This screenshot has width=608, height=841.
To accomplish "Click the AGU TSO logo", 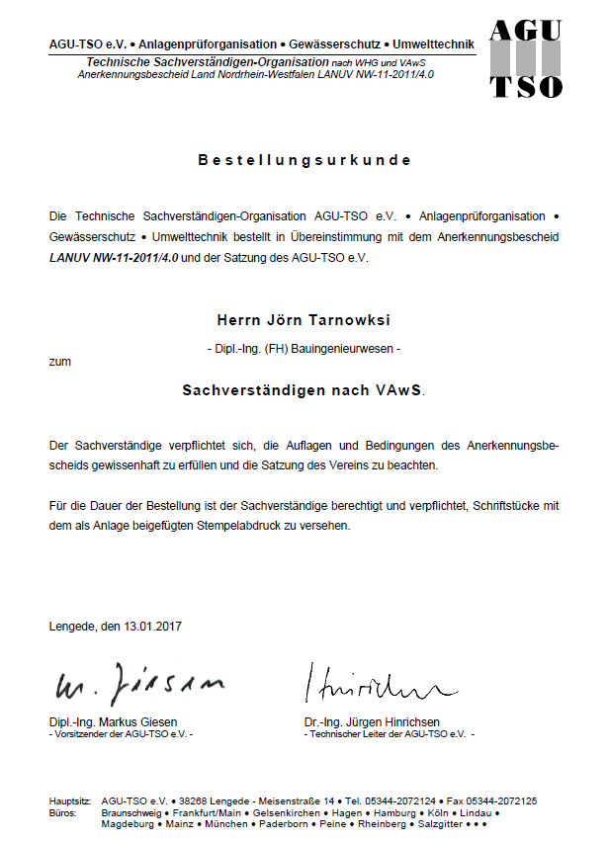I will (527, 59).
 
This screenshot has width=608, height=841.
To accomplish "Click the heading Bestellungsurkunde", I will (304, 160).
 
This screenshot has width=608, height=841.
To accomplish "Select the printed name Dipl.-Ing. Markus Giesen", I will (113, 722).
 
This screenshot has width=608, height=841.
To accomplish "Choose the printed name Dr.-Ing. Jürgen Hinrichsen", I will (372, 722).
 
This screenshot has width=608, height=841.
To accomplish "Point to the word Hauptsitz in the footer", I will (69, 800).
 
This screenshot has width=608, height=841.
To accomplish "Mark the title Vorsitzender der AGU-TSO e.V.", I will (121, 734).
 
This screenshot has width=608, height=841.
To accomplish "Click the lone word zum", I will (59, 363).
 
